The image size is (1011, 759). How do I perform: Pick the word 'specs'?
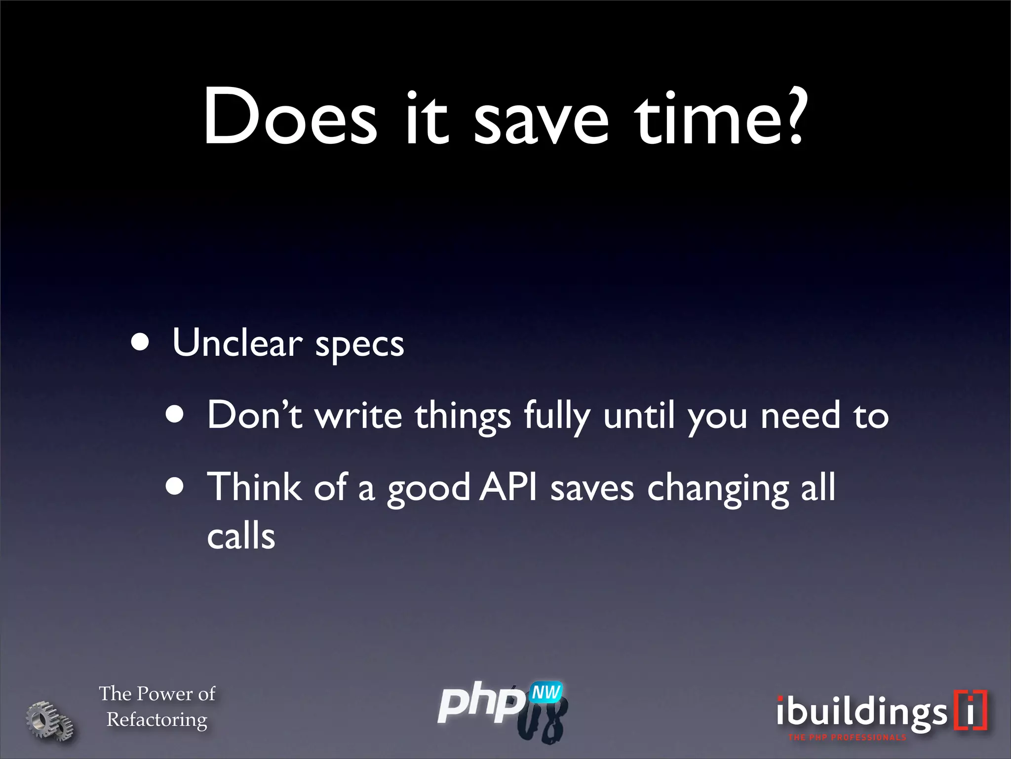coord(359,346)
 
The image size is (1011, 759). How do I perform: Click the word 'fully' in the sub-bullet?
coord(557,416)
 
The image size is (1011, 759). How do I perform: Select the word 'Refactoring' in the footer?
coord(157,719)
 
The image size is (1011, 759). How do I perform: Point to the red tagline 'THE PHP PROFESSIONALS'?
coord(847,738)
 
